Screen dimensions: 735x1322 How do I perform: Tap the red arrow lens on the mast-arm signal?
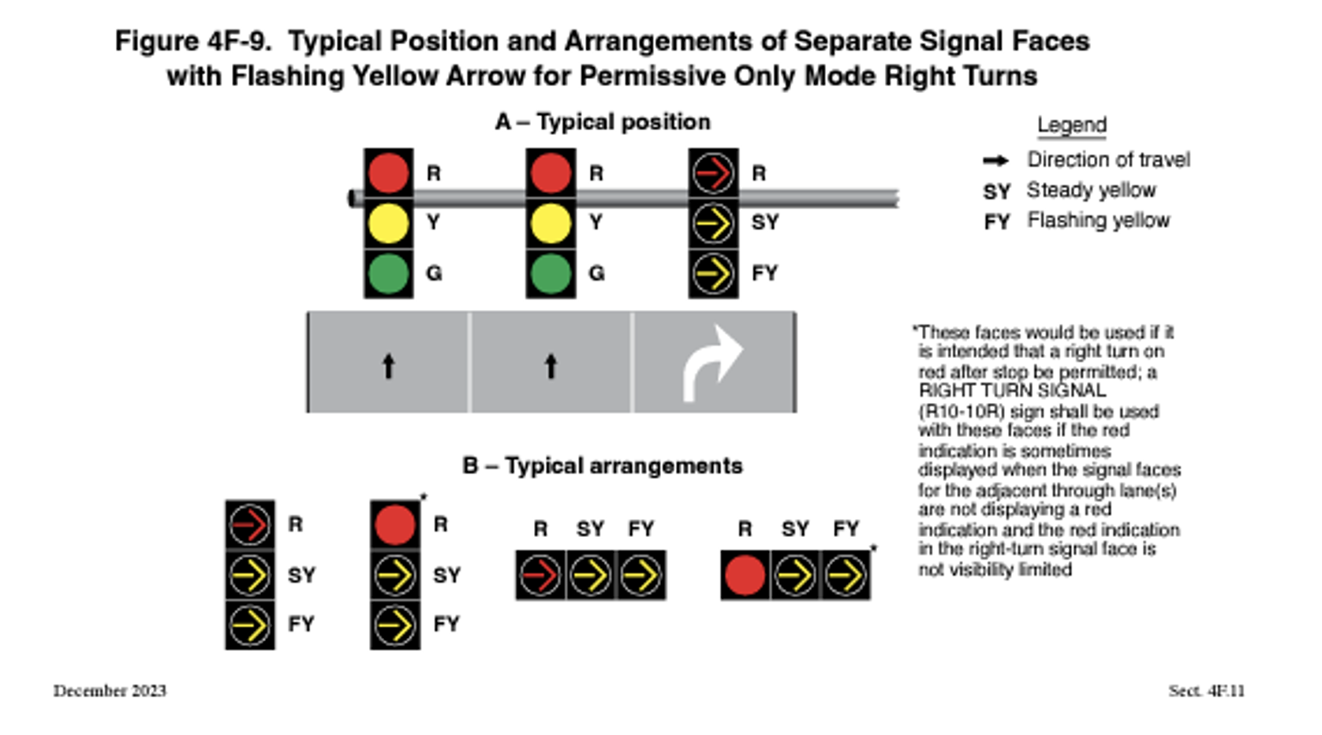713,173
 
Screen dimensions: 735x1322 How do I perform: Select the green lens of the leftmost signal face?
388,273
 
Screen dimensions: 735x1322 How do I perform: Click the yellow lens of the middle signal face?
551,223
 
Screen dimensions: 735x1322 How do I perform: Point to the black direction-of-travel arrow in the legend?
995,161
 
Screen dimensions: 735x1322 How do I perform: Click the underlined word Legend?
1071,125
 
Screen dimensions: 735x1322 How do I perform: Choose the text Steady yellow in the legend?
1091,191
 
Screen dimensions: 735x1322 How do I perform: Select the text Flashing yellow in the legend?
1098,221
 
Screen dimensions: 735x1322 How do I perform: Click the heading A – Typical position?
603,122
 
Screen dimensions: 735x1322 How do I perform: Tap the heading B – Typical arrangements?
603,466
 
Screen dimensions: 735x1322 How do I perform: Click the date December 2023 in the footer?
110,691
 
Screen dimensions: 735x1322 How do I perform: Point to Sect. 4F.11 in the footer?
1206,691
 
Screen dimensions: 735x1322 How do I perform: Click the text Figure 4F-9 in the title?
192,41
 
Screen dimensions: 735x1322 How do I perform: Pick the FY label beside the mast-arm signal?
764,274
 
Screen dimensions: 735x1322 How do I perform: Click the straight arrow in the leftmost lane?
388,366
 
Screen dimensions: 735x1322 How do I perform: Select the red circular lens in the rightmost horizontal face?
745,576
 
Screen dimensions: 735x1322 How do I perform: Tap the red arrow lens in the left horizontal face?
540,576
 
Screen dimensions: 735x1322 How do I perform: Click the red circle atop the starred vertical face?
395,525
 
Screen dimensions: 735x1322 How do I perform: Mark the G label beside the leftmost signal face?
434,274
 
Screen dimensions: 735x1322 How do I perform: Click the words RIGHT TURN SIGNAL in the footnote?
1012,391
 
